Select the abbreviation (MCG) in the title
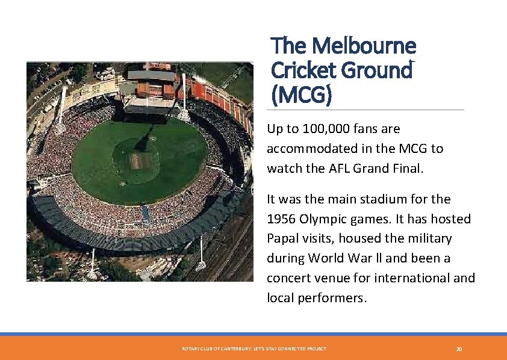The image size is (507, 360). (301, 95)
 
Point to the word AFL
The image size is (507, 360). (347, 169)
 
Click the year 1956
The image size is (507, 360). (282, 219)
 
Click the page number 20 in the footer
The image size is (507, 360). (459, 349)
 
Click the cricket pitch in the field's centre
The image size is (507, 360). (137, 161)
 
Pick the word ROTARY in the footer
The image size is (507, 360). (188, 349)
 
